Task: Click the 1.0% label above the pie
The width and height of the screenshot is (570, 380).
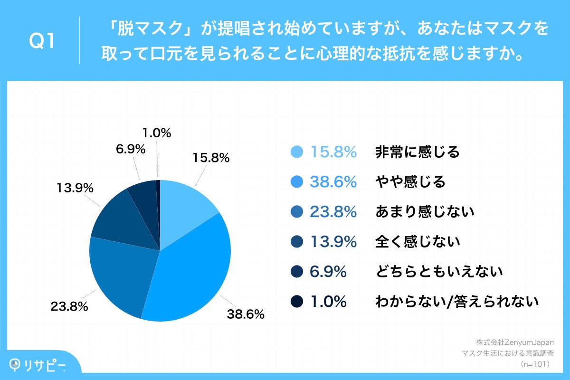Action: point(156,134)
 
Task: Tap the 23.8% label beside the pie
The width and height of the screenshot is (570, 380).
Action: point(69,306)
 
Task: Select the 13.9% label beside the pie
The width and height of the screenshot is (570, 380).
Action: point(74,189)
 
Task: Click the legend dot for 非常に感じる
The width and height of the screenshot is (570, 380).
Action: point(296,152)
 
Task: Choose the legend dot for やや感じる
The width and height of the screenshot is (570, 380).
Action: point(296,182)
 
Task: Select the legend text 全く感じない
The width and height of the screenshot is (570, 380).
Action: point(418,242)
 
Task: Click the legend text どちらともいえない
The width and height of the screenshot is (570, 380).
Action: point(439,272)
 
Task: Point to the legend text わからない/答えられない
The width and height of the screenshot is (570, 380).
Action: point(456,301)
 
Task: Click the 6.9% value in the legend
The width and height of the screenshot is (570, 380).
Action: point(328,272)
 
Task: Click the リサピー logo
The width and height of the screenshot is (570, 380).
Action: point(38,364)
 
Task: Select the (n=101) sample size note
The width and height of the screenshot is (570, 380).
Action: point(535,364)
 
